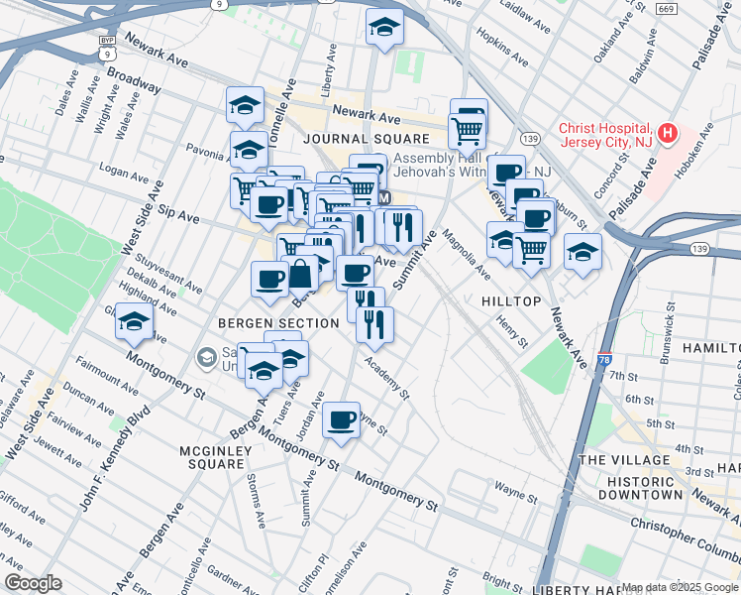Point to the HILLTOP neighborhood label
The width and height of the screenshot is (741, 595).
point(511,300)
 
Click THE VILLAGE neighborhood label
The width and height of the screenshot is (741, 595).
point(625,460)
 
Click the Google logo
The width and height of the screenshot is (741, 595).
point(33,583)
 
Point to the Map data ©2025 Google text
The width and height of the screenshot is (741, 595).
point(679,587)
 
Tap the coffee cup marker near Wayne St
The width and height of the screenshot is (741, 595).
point(342,421)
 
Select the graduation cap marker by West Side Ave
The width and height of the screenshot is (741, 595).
point(134,322)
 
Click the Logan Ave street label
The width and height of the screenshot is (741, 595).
point(125,175)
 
